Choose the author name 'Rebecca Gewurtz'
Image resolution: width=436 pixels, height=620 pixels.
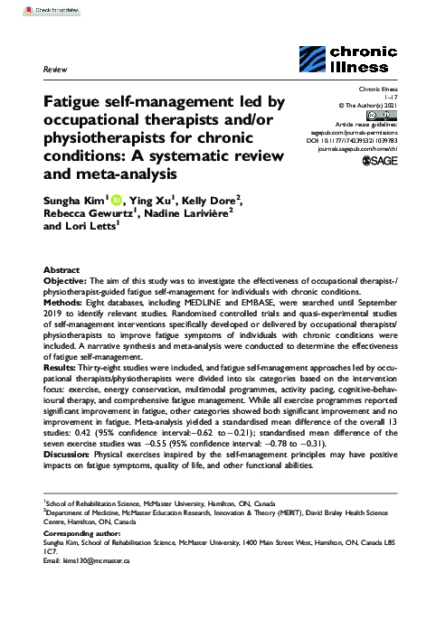point(91,214)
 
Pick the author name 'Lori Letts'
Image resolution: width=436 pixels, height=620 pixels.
point(88,230)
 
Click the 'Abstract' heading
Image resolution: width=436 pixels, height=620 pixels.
point(62,270)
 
